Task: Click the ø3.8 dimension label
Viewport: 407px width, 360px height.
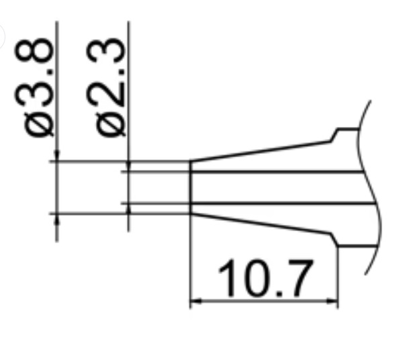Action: [38, 88]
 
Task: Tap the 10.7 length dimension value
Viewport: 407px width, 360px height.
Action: [267, 279]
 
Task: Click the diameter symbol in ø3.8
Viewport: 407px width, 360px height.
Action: [39, 124]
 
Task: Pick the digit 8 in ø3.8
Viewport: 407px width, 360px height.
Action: [38, 54]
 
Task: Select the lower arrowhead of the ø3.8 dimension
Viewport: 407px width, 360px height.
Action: [57, 218]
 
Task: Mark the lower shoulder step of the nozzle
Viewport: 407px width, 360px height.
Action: [335, 239]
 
